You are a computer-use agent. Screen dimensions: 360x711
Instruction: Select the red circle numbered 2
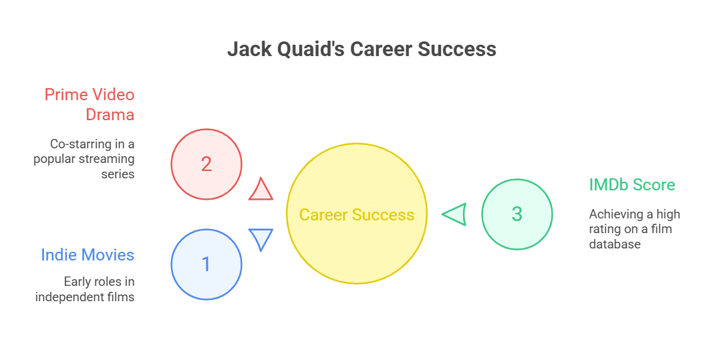coord(206,164)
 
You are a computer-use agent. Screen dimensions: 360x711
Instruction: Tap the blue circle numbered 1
coord(206,264)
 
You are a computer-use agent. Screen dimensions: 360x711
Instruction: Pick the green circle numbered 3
coord(517,214)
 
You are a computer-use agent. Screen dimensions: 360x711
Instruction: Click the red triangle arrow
coord(261,190)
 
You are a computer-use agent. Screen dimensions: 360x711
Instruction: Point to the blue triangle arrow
coord(261,238)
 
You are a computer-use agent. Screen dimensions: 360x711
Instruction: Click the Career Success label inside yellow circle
coord(356,214)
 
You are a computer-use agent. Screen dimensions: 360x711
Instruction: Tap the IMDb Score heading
coord(631,184)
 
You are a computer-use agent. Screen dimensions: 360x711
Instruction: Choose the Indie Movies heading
coord(88,254)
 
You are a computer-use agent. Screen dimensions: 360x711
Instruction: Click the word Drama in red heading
coord(110,114)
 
